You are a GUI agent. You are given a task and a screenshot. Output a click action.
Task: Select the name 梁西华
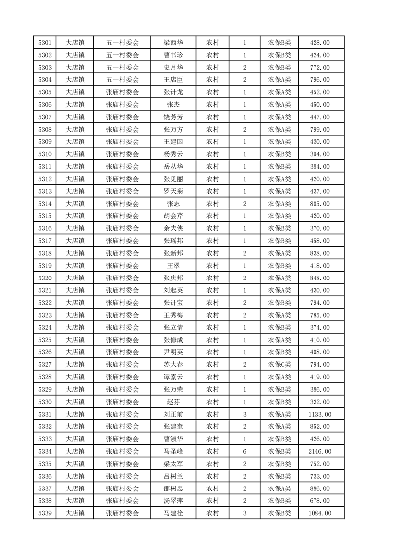(173, 43)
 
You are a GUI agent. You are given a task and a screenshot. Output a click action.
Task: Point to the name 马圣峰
(173, 451)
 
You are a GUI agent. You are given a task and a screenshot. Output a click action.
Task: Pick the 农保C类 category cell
(279, 364)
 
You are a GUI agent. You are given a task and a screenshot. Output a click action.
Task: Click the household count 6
(244, 451)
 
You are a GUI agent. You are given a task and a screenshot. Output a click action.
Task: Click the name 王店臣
(173, 80)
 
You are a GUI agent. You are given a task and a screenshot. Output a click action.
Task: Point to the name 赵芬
(173, 402)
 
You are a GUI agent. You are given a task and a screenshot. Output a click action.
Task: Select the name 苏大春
(173, 364)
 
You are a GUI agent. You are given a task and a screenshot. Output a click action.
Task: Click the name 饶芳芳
(173, 117)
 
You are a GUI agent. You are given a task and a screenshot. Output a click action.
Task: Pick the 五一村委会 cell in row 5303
(122, 68)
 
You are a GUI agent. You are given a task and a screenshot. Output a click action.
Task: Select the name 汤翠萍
(173, 501)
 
